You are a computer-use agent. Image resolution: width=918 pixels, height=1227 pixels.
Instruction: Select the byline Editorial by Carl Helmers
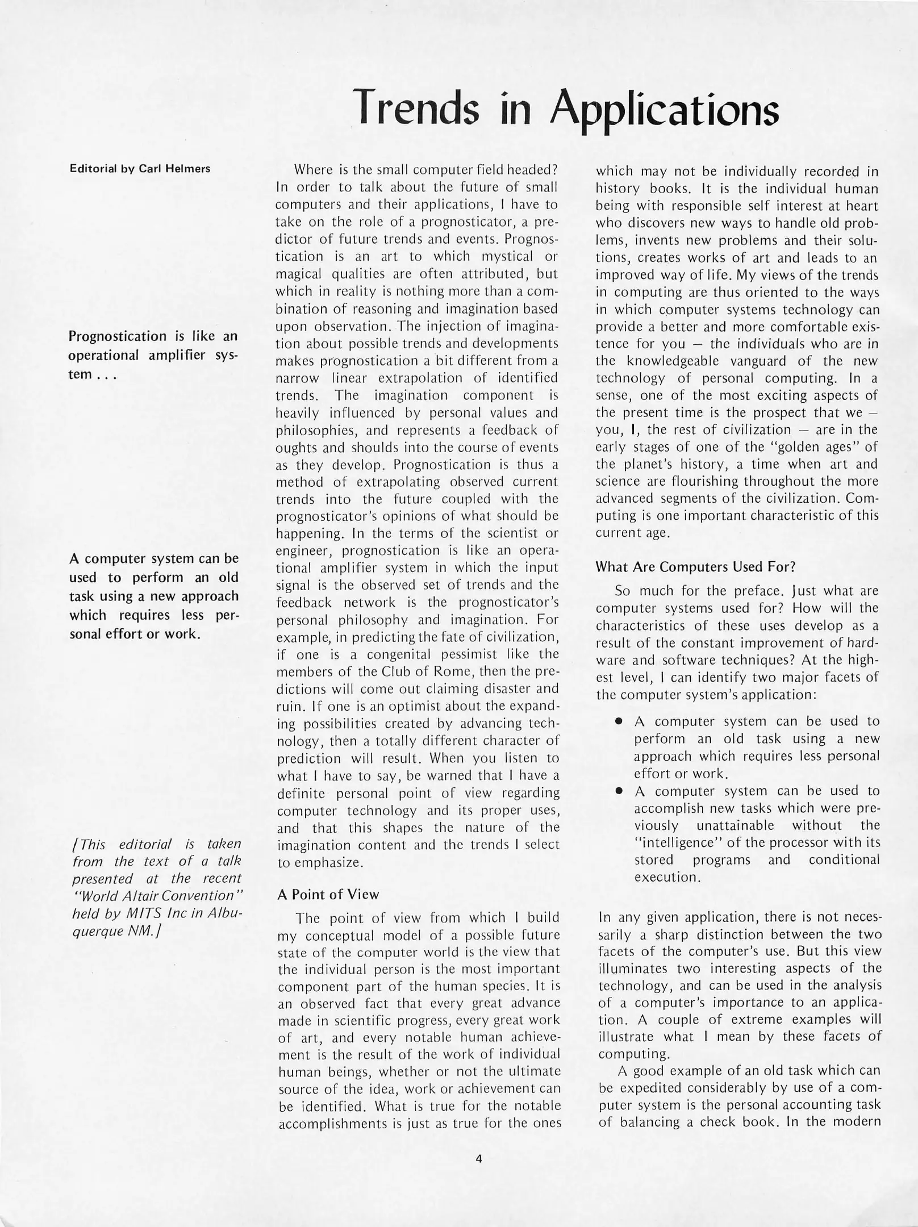pos(140,169)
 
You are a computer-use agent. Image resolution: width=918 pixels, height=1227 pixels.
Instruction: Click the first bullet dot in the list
pos(619,722)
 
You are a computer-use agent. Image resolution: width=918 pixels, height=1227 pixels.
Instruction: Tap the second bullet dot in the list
pos(619,791)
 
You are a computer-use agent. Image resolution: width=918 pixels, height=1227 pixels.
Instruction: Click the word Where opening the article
pos(312,170)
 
